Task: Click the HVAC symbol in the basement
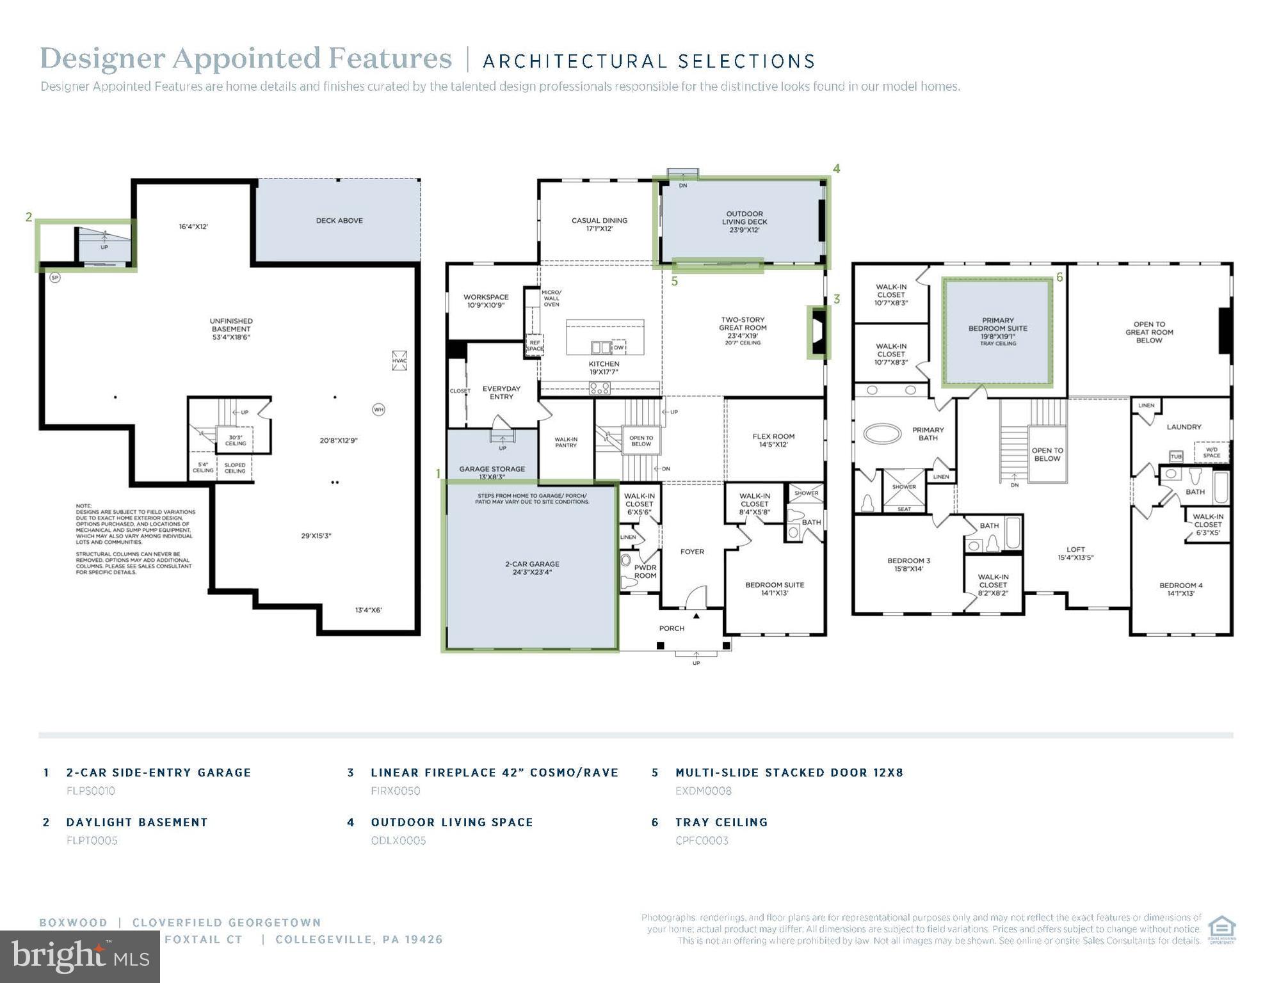pos(399,360)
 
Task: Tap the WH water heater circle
pos(378,410)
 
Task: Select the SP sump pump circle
pos(55,278)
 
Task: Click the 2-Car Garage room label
pos(532,568)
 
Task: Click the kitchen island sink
pos(600,348)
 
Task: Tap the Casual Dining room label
pos(599,224)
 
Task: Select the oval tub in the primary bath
pos(882,434)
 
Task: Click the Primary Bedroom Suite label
pos(997,328)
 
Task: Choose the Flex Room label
pos(773,440)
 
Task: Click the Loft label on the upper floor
pos(1075,553)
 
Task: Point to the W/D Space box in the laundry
pos(1211,452)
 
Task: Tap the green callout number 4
pos(836,168)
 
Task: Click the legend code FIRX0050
pos(395,791)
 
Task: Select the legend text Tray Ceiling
pos(721,822)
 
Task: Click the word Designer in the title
pos(102,59)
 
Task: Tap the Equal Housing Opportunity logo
pos(1221,930)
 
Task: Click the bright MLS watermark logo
pos(80,957)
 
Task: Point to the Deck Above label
pos(339,221)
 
